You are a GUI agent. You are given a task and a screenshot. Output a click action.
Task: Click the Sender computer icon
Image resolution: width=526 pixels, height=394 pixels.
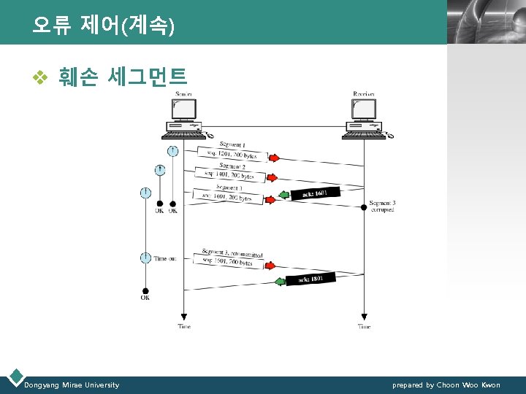pos(183,118)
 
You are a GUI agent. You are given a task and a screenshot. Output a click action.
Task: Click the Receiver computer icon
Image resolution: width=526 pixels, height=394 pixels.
pos(364,118)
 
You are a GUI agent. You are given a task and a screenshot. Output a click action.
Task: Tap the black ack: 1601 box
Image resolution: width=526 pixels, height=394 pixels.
pos(316,194)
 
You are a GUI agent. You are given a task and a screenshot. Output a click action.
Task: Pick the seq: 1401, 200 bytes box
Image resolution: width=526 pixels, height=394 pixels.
pos(229,175)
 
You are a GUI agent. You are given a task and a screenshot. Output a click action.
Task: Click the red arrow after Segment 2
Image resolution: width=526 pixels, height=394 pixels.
pos(271,177)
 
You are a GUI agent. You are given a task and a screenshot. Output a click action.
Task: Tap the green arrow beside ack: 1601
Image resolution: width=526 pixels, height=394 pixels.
pos(285,196)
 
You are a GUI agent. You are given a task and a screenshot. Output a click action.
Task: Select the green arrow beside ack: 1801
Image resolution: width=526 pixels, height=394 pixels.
pos(279,282)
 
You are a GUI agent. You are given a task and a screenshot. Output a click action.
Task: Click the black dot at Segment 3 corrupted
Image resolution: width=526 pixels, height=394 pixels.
pos(364,207)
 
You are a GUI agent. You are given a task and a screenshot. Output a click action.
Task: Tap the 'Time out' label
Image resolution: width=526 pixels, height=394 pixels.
pos(165,258)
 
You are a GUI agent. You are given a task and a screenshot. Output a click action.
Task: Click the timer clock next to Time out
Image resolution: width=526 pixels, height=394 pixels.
pos(145,258)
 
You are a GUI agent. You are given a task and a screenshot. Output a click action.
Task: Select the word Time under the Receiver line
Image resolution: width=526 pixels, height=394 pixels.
pos(364,327)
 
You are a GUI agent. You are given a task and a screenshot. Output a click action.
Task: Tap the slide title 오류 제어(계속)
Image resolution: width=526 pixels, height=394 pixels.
pos(103,26)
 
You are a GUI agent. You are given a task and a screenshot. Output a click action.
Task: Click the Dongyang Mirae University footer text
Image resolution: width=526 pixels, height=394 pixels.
pos(72,385)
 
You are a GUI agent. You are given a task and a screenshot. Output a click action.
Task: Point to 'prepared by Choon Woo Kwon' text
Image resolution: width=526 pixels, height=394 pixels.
pos(446,385)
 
